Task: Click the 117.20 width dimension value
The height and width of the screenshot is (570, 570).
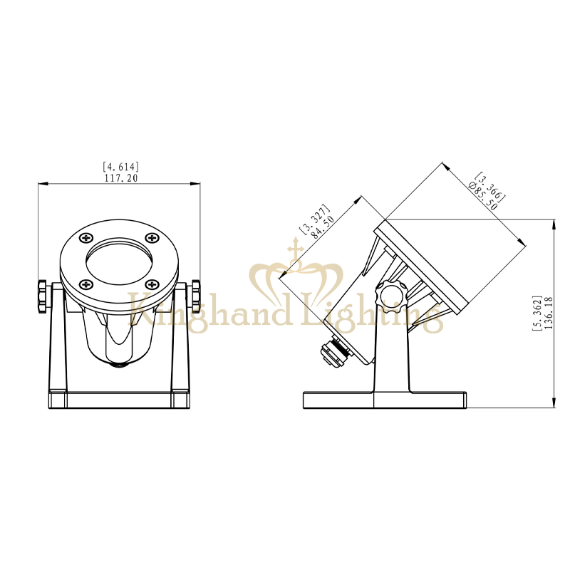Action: (x=121, y=178)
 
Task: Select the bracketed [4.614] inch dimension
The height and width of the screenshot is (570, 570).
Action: (x=120, y=167)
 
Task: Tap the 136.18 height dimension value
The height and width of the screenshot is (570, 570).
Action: (x=549, y=313)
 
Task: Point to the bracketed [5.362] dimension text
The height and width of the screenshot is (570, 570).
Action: (x=537, y=313)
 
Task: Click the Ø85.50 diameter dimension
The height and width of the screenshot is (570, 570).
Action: (x=483, y=195)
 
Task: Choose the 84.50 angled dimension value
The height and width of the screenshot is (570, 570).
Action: (x=323, y=227)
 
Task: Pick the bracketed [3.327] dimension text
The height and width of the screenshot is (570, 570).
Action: (x=314, y=219)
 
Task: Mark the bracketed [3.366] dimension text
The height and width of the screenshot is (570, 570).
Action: (x=491, y=187)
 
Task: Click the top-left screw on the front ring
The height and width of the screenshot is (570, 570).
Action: (x=86, y=238)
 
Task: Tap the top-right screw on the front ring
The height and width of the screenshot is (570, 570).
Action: (x=152, y=238)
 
